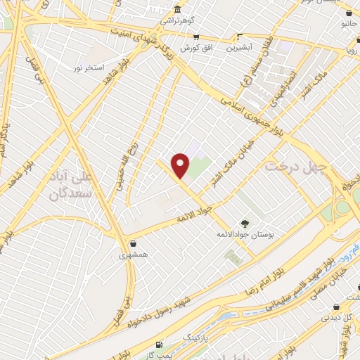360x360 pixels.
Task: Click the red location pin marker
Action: pos(181,165)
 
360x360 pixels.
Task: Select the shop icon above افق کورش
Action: pos(195,37)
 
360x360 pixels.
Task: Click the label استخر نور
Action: pos(89,67)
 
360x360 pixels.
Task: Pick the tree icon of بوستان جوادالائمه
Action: pos(245,221)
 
